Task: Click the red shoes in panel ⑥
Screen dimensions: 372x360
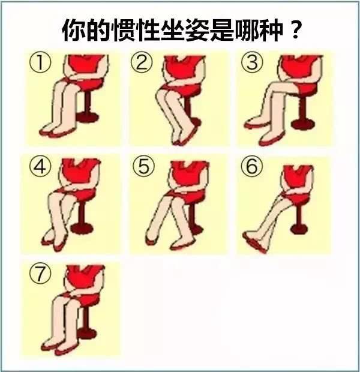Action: coord(254,244)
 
